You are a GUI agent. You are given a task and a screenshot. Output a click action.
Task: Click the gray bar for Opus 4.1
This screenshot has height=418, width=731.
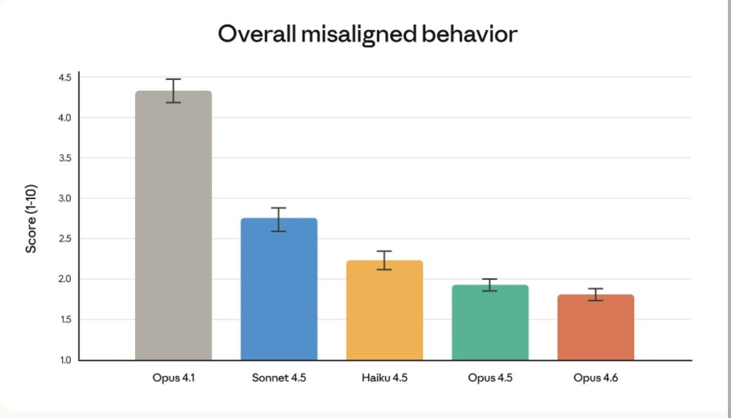[x=173, y=225]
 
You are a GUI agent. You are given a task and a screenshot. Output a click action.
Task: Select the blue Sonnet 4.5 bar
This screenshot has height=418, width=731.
[x=279, y=289]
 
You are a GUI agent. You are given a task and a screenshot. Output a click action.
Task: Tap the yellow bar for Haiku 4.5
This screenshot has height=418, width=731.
[x=384, y=310]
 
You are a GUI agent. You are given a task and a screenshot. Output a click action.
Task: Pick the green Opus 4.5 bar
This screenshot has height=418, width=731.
[x=490, y=322]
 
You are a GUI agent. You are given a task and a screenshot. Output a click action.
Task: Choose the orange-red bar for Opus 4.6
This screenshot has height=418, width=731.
[x=596, y=327]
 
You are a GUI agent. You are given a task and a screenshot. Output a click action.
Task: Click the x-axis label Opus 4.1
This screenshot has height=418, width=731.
[x=174, y=378]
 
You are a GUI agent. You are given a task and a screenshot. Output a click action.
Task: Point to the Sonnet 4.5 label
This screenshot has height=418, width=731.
[x=279, y=378]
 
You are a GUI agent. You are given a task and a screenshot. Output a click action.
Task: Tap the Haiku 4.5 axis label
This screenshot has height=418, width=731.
[x=384, y=378]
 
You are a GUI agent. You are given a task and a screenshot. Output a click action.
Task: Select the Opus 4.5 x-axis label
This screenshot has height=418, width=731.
[x=490, y=378]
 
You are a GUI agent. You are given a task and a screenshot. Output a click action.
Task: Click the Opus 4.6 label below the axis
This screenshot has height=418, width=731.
[x=596, y=378]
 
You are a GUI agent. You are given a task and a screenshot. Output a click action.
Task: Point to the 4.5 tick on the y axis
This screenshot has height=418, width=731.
[x=65, y=77]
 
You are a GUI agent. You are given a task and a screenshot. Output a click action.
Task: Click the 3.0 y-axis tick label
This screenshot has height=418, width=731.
[x=65, y=199]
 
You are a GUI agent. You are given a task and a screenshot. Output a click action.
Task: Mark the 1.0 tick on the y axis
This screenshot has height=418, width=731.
[x=65, y=360]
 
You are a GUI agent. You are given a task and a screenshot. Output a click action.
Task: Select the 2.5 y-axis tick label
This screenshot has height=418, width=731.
[x=65, y=239]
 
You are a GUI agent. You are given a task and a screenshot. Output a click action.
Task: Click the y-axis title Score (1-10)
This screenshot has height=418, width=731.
[x=31, y=218]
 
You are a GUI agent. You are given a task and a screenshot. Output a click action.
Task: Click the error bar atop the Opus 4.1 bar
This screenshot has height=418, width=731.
[x=174, y=91]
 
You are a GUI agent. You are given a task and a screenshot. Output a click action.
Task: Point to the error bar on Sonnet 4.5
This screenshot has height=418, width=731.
[x=279, y=219]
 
